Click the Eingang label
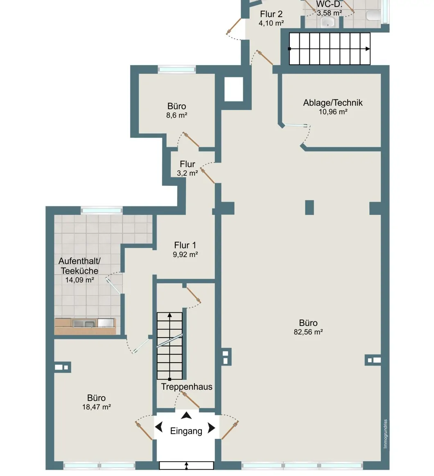pos(186,431)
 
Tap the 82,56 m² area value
pos(308,332)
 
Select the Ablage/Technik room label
pos(333,103)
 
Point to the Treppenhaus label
pos(187,387)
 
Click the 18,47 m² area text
pos(96,407)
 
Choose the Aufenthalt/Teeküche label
pos(79,266)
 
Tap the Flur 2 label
pos(271,14)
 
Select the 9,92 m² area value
pos(185,254)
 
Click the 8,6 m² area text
pos(176,115)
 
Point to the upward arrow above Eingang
pos(187,416)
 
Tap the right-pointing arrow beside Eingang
pos(212,429)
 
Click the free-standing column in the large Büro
pos(309,207)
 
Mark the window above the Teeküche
pos(102,210)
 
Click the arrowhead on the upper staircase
pos(368,49)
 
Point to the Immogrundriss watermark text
pos(385,434)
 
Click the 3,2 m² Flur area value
pos(187,173)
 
